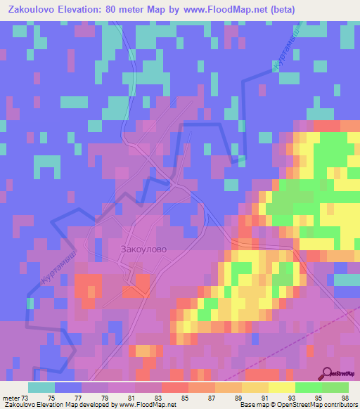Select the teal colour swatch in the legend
(x=41, y=387)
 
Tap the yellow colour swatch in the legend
(x=281, y=387)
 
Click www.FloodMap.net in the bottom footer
(x=151, y=404)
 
